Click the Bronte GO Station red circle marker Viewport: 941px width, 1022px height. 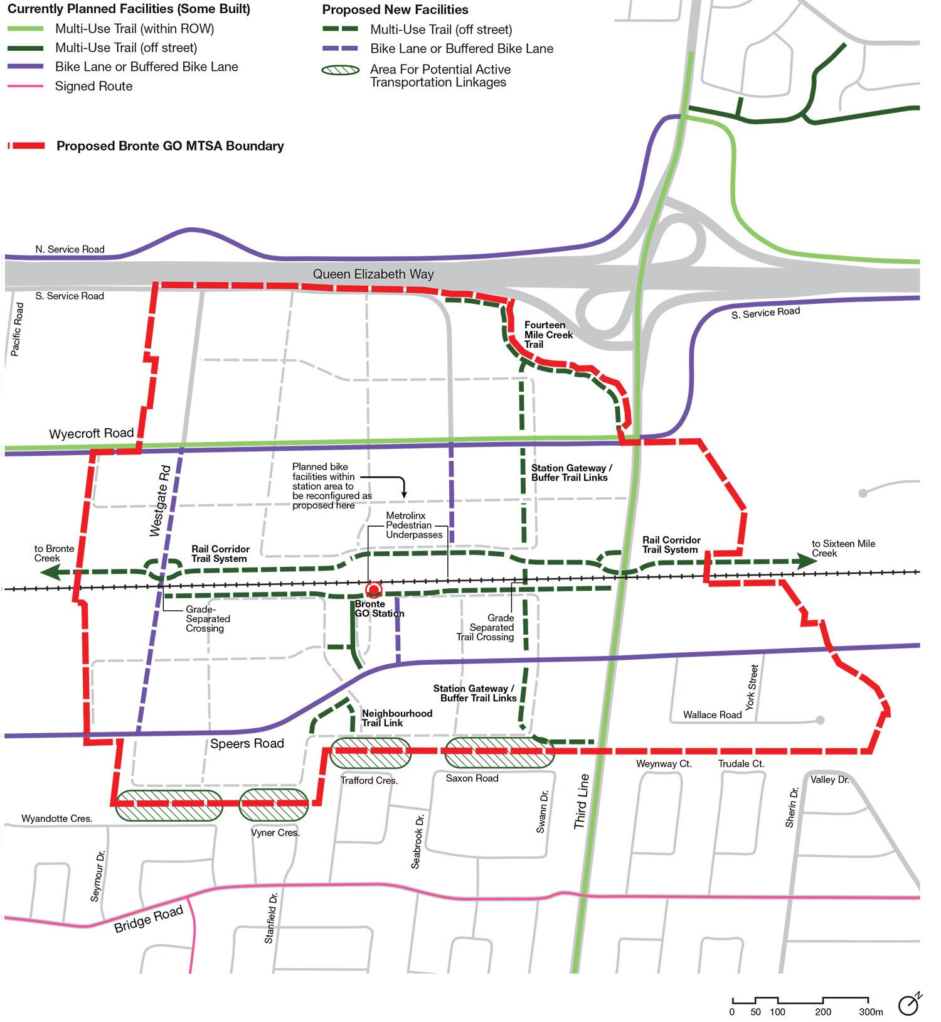(374, 589)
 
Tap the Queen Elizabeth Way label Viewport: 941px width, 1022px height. (373, 274)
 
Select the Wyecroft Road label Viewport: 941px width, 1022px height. (92, 433)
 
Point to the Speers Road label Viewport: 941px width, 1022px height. (247, 744)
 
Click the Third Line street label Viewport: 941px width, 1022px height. (582, 801)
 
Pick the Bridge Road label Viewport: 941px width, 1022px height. (149, 919)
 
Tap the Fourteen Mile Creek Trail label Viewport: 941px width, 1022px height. (548, 335)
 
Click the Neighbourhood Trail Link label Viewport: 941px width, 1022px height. (396, 718)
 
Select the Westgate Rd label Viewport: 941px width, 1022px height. (161, 500)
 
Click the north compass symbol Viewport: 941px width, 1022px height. (909, 1004)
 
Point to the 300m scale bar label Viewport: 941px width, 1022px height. (871, 1012)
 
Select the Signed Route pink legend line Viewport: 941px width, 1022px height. (25, 86)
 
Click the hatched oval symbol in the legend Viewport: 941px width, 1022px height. (340, 70)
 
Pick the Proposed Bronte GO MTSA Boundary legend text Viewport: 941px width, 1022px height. (170, 146)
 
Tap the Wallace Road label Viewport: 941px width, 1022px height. (712, 715)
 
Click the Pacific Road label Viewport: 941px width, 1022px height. (18, 330)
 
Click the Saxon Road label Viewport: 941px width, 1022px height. (472, 778)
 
